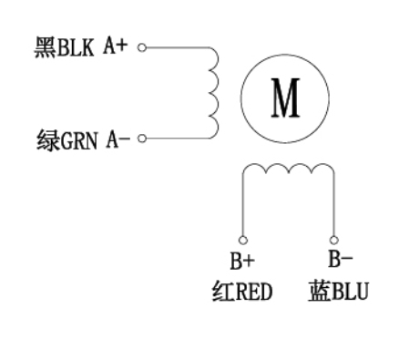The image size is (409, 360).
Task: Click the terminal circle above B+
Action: (x=242, y=239)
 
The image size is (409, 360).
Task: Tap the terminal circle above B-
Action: (x=332, y=239)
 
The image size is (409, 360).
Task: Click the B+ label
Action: (x=242, y=262)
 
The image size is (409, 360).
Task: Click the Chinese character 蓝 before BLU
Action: (x=318, y=293)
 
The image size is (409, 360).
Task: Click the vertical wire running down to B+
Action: (x=242, y=205)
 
